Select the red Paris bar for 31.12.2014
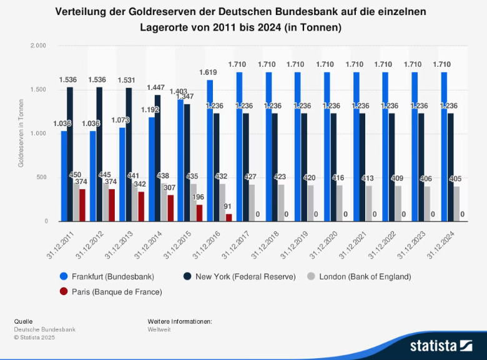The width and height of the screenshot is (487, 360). [170, 208]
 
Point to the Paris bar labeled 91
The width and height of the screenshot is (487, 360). [229, 217]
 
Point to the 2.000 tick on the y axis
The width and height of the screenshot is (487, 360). [39, 46]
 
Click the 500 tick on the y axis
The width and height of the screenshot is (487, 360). [42, 178]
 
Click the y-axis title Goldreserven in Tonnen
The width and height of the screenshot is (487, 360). [21, 134]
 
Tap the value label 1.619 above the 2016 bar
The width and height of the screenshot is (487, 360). [208, 72]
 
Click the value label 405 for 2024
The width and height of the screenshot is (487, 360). [455, 179]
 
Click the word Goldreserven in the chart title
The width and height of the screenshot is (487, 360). [175, 12]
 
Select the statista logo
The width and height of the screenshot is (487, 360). [441, 345]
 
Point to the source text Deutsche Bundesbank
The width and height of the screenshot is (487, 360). [44, 329]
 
